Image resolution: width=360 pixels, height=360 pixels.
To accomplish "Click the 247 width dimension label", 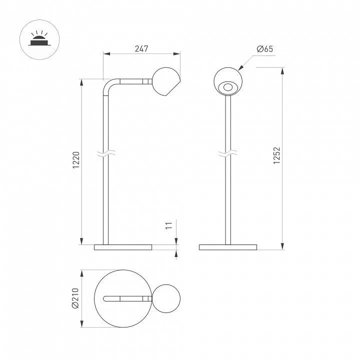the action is [141, 48].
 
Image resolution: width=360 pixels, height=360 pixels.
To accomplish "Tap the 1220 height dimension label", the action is [76, 160].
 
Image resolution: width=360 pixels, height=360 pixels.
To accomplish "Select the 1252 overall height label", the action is [276, 155].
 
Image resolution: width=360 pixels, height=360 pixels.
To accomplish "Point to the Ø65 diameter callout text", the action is [265, 49].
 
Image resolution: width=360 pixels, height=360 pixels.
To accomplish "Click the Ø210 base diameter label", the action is [75, 298].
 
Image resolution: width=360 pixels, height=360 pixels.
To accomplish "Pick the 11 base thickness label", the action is [169, 225].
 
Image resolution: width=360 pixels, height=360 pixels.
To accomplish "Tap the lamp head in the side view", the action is [166, 81].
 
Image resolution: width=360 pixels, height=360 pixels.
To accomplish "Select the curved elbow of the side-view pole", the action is [109, 85].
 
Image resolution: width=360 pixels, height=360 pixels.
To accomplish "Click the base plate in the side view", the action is [123, 247].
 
